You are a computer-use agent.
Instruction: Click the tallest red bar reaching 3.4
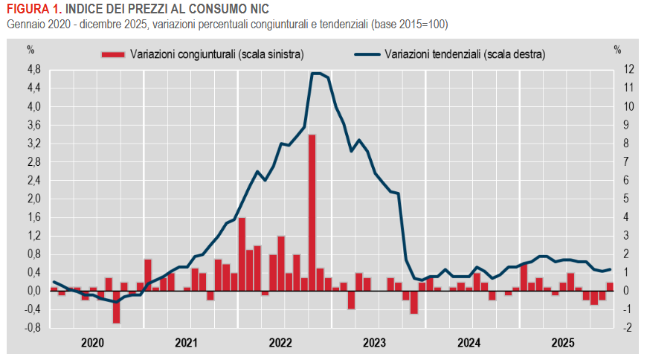pyautogui.click(x=312, y=213)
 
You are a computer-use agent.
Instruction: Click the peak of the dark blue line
pyautogui.click(x=316, y=73)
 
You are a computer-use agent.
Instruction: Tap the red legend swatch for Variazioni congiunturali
pyautogui.click(x=112, y=54)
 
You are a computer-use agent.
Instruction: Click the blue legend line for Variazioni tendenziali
pyautogui.click(x=367, y=54)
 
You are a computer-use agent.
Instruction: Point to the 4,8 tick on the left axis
pyautogui.click(x=33, y=69)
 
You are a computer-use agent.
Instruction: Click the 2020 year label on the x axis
pyautogui.click(x=92, y=343)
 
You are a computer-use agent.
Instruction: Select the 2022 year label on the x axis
pyautogui.click(x=280, y=343)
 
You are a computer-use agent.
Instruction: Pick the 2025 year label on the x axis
pyautogui.click(x=562, y=343)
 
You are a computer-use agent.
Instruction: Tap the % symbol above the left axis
pyautogui.click(x=31, y=50)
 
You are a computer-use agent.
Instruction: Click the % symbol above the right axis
pyautogui.click(x=617, y=50)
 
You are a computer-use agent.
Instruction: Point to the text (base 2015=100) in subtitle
pyautogui.click(x=411, y=25)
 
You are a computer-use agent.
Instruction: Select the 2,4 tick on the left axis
pyautogui.click(x=33, y=180)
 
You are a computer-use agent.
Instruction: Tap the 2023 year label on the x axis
pyautogui.click(x=374, y=343)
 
